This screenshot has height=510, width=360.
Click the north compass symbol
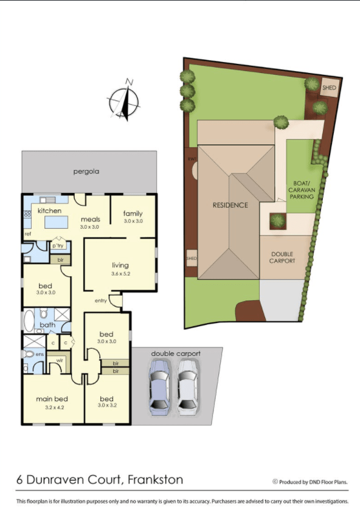tap(124, 101)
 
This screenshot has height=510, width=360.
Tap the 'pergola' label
tap(86, 172)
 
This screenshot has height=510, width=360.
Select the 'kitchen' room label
tap(50, 211)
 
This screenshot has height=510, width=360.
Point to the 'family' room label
tap(133, 213)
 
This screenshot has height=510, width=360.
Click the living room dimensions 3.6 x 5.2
tap(120, 274)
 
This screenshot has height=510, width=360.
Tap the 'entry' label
tap(101, 301)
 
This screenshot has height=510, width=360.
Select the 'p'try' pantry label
tap(58, 246)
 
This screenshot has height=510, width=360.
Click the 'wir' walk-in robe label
tap(60, 361)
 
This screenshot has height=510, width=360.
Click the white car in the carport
tap(187, 386)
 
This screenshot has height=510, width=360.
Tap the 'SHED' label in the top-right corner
tap(329, 88)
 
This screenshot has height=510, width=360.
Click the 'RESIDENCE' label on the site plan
tap(230, 205)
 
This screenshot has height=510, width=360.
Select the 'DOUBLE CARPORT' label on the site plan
tap(282, 257)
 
